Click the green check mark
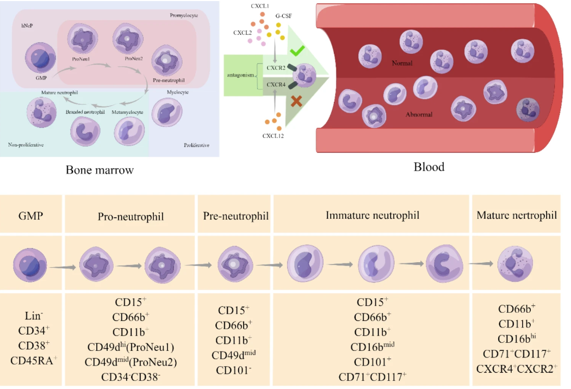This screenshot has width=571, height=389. (x=296, y=52)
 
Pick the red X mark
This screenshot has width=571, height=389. (x=296, y=101)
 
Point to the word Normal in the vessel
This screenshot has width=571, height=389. (x=402, y=64)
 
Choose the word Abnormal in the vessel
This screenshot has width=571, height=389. (x=419, y=115)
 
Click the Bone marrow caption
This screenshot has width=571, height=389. (x=100, y=170)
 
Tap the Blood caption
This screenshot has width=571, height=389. (x=429, y=167)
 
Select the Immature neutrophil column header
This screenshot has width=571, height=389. (x=373, y=215)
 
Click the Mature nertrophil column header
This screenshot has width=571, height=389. (x=517, y=215)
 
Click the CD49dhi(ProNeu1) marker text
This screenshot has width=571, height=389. (x=131, y=347)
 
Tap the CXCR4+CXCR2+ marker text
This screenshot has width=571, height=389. (x=517, y=369)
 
